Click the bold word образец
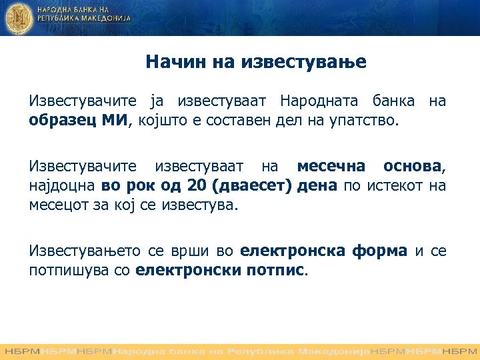[x=58, y=121]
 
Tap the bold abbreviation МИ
[x=117, y=121]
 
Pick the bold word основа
[x=412, y=166]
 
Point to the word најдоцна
[x=62, y=185]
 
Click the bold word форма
[x=381, y=251]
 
